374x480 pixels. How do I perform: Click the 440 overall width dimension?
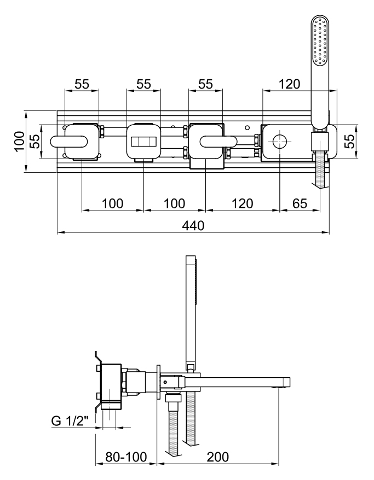[x=193, y=225]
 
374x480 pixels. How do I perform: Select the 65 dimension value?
[x=299, y=203]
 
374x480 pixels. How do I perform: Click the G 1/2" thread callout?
[x=71, y=422]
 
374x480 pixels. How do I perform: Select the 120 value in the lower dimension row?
[x=242, y=203]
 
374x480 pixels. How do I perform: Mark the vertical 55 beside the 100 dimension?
[x=34, y=142]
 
